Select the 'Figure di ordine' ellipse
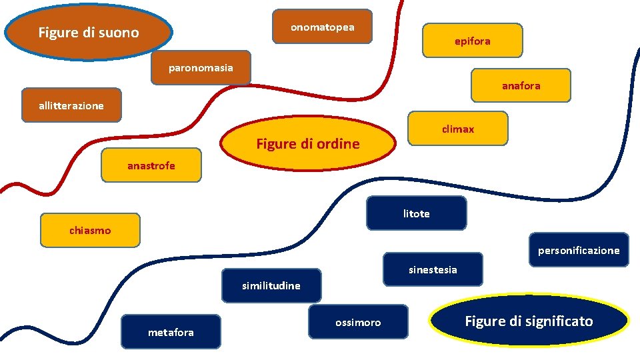coord(308,143)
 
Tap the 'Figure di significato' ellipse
coord(529,321)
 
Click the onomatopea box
coord(322,27)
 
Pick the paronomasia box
coord(201,68)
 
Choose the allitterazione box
coord(71,105)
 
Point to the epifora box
coord(473,41)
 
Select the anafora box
coord(521,85)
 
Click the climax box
coord(457,129)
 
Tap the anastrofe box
coord(151,165)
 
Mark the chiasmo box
coord(90,230)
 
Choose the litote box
coord(416,213)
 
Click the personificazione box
coord(579,250)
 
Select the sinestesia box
coord(433,269)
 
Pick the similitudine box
coord(271,285)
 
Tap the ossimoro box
coord(358,322)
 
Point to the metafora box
coord(171,332)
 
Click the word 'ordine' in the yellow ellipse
coord(337,143)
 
